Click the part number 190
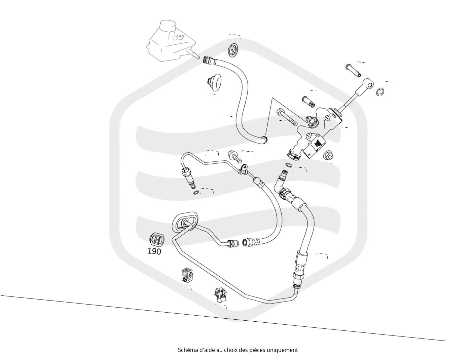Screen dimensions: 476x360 154,251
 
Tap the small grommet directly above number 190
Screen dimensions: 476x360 157,239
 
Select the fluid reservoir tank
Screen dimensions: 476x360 169,41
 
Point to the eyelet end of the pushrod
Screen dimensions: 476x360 368,84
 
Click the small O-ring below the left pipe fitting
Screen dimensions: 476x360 196,193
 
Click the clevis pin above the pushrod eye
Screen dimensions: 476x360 353,70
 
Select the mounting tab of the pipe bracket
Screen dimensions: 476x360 244,168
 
